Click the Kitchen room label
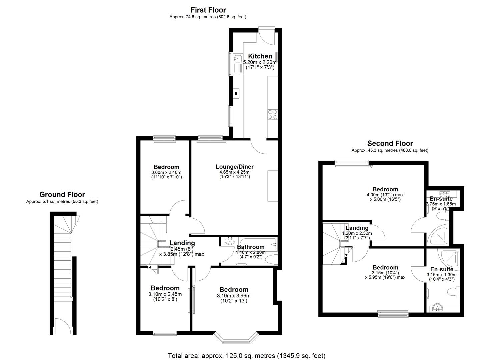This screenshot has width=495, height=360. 260,56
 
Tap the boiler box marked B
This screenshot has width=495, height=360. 236,94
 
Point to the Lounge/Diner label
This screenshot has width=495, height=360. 234,167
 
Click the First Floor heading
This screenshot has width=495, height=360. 208,10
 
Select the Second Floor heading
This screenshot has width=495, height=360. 390,143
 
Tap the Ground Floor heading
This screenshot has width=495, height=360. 62,194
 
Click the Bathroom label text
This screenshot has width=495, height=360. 251,247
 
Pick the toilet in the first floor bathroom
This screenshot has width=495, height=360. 272,259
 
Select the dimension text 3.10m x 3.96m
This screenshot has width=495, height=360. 234,296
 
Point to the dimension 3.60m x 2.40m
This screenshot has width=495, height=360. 166,172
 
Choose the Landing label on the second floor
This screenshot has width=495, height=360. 357,228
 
